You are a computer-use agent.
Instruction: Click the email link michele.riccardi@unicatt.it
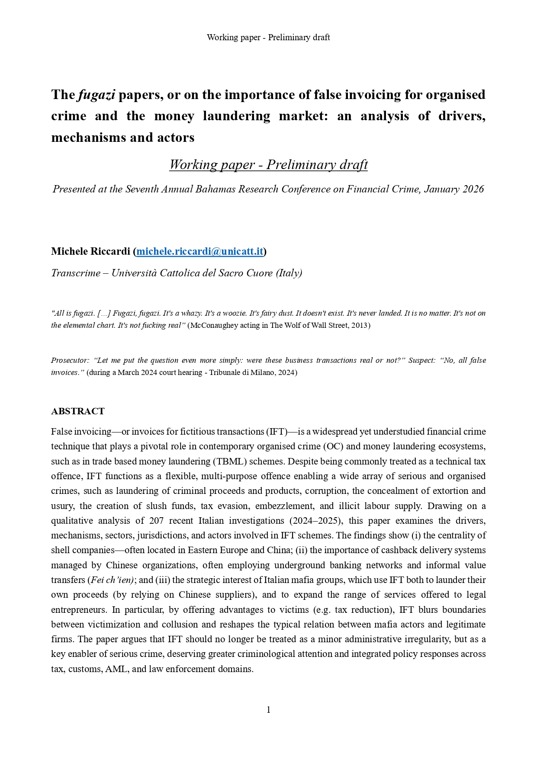[199, 251]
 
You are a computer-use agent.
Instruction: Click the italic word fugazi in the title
[96, 95]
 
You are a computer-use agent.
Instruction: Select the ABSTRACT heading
[78, 411]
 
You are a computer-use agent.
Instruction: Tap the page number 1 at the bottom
[268, 709]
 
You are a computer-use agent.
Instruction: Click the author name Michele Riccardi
[90, 251]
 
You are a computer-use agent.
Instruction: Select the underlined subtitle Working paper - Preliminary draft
[268, 165]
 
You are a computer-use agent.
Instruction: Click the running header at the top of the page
[268, 37]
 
